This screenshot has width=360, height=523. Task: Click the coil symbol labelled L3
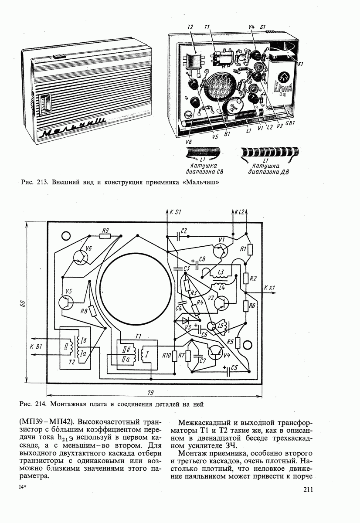pos(221,273)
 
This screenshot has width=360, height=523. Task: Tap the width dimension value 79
pos(150,393)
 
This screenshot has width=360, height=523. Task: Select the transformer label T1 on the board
pos(139,336)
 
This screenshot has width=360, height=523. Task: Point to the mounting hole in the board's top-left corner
pos(67,236)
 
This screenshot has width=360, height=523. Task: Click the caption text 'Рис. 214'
pos(33,404)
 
